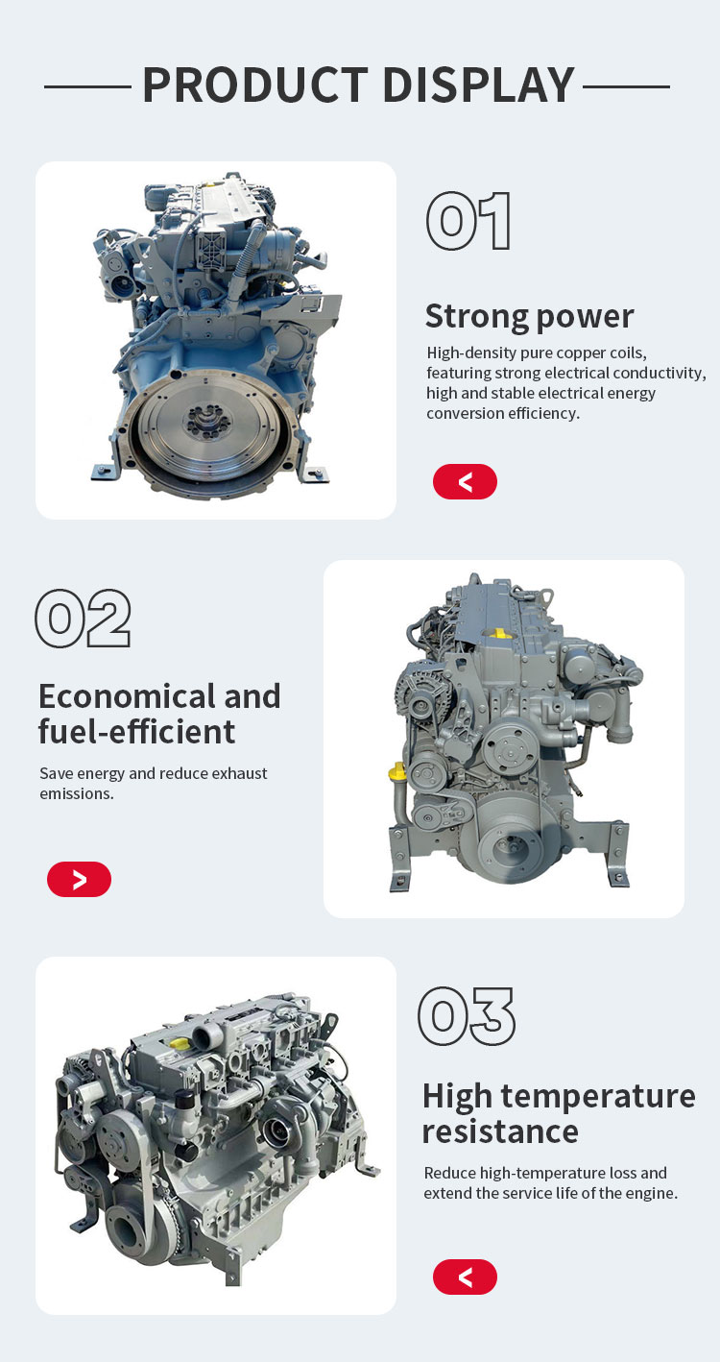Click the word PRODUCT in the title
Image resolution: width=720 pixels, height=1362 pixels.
pos(255,85)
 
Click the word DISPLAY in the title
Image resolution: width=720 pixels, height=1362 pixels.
pos(479,85)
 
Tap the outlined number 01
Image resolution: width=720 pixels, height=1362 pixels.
pos(468,221)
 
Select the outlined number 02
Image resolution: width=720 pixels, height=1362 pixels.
pos(84,618)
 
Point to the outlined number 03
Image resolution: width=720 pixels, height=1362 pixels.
pos(466,1015)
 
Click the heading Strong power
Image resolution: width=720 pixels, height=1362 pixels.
pos(529,316)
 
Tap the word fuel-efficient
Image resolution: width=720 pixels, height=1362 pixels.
pos(136,732)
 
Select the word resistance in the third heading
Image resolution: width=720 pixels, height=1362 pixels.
pos(500,1131)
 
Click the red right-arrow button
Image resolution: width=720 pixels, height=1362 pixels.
pos(79,879)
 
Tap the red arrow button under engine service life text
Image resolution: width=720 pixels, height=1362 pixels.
pos(465,1277)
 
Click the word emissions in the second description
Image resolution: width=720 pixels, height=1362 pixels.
pos(77,793)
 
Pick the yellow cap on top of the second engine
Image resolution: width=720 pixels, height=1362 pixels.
pos(498,634)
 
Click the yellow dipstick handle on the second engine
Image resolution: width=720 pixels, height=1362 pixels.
pos(397,772)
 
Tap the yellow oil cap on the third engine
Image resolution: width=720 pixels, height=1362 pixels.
pos(180,1043)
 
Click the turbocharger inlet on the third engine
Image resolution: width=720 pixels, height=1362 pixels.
pos(278,1131)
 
